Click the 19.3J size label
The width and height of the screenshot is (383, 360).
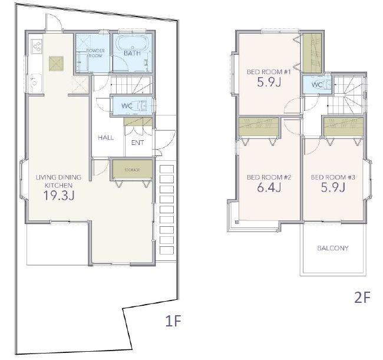tap(58, 196)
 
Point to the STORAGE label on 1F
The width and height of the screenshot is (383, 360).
tap(132, 170)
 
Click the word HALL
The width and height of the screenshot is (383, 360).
tap(105, 137)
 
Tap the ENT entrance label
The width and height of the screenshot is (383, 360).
tap(137, 143)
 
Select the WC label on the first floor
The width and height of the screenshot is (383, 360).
tap(127, 105)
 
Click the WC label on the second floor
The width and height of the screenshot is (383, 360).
tap(317, 85)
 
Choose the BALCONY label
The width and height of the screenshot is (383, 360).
tap(333, 248)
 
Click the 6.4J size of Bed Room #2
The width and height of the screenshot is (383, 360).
tap(269, 187)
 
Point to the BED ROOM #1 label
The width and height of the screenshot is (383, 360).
tap(269, 72)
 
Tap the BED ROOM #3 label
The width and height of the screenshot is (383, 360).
tap(333, 177)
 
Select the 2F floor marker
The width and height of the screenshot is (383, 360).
tap(362, 298)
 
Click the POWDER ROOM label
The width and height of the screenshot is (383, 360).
tap(95, 53)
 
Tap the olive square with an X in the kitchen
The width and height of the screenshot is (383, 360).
tap(56, 64)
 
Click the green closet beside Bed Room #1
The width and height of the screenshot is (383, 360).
tap(312, 53)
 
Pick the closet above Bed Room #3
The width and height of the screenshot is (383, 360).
tap(344, 127)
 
